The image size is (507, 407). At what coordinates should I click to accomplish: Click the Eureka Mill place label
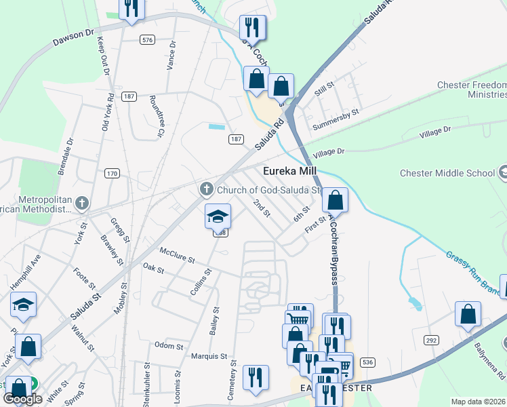point(291,172)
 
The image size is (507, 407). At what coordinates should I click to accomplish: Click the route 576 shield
point(147,40)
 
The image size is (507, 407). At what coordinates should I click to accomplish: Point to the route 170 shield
point(113,174)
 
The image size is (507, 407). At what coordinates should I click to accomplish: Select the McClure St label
point(177,255)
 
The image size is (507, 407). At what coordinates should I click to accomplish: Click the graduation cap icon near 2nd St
point(218,216)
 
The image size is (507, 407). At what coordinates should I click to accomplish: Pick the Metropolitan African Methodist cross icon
point(82,202)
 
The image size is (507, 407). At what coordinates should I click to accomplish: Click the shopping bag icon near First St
point(335,200)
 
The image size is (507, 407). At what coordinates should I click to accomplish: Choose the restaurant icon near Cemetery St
point(256,377)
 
